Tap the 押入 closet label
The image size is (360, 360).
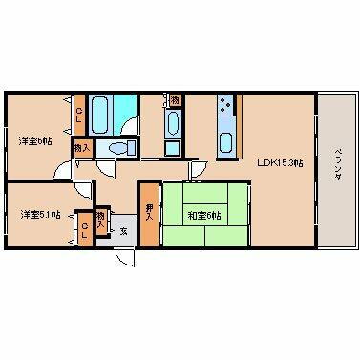tap(149, 211)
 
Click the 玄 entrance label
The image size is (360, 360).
tap(124, 230)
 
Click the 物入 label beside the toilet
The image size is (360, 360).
tap(84, 148)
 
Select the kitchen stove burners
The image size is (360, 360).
tap(225, 105)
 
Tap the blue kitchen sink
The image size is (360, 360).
tap(227, 143)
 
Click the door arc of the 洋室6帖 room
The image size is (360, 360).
tap(62, 166)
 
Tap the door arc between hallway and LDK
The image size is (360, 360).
tap(199, 170)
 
